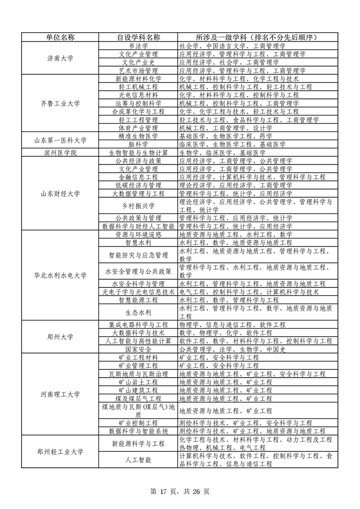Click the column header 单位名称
pos(60,37)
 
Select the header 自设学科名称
pos(139,37)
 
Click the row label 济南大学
pos(60,58)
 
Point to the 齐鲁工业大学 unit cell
pos(60,103)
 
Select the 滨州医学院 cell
pos(60,153)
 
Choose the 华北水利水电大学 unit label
pos(60,275)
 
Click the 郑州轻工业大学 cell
pos(60,451)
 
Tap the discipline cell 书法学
pos(139,46)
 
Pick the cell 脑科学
pos(139,144)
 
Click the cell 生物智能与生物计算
pos(139,153)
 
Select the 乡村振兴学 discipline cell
pos(139,206)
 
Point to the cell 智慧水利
pos(139,243)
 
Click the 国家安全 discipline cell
pos(139,349)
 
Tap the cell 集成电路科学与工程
pos(139,325)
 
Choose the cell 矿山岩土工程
pos(139,382)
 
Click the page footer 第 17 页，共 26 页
pos(180,491)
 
